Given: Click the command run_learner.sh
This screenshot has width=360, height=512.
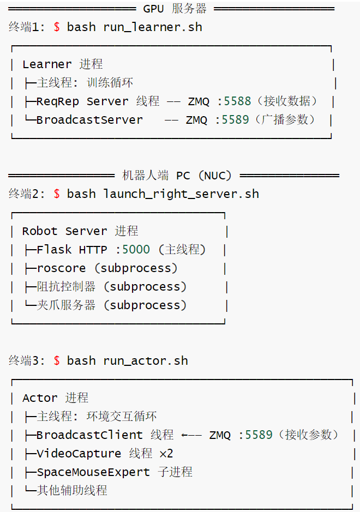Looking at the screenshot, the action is [153, 27].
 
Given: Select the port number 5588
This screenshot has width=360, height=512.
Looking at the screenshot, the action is [237, 101].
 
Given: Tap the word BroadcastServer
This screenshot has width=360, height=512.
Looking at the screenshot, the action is [89, 120].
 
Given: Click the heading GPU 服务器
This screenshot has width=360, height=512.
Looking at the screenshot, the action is [175, 9].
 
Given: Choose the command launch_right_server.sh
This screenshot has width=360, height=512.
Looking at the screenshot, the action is [181, 194].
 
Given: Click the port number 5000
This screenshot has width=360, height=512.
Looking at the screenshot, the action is [136, 250].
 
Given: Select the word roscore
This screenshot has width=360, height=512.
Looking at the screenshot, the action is [61, 268].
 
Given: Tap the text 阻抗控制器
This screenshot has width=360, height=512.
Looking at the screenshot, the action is [66, 287].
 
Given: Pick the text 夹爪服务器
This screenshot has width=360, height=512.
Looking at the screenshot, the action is [66, 305].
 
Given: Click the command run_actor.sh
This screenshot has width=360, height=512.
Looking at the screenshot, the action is [146, 361].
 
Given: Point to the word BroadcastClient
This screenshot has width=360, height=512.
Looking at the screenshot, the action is [89, 435].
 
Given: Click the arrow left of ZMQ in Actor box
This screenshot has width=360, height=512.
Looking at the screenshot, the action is [191, 435].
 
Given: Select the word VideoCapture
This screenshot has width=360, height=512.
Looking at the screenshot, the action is [79, 454].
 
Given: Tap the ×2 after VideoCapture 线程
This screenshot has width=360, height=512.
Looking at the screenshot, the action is [166, 454].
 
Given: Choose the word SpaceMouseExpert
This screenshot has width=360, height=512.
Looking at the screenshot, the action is [93, 472].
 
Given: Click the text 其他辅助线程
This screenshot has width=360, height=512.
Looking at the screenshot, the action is [72, 490].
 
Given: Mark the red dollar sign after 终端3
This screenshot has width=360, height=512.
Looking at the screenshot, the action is [57, 361].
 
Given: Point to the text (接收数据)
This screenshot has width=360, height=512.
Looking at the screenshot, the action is [287, 101].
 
